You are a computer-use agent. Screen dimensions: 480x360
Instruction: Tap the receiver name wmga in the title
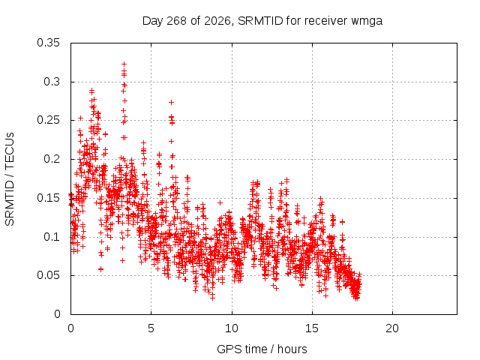pos(367,22)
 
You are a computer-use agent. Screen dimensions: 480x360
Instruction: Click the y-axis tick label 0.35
pos(48,43)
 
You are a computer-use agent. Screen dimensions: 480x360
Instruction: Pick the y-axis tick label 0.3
pos(52,82)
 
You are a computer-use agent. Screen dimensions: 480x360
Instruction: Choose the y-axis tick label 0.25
pos(48,120)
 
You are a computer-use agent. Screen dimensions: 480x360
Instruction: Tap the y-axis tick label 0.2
pos(52,159)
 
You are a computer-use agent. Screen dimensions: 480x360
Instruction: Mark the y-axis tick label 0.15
pos(48,198)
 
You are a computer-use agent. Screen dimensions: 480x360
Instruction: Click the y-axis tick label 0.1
pos(52,237)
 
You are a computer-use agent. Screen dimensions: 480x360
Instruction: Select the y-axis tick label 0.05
pos(48,275)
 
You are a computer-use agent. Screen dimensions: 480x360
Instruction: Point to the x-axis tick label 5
pos(151,328)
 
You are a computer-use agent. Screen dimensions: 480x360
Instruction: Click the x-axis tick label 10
pos(232,328)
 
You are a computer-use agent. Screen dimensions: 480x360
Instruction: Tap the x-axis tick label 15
pos(312,328)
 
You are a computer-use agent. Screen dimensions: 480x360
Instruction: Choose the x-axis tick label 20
pos(392,328)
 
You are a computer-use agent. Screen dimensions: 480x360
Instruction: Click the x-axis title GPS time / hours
pos(262,349)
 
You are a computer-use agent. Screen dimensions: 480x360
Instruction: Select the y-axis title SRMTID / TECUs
pos(10,179)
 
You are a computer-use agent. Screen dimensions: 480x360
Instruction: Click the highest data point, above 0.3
pos(124,64)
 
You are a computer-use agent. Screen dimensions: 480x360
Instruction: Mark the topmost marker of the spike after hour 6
pos(172,102)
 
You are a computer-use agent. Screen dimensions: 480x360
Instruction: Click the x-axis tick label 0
pos(70,328)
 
